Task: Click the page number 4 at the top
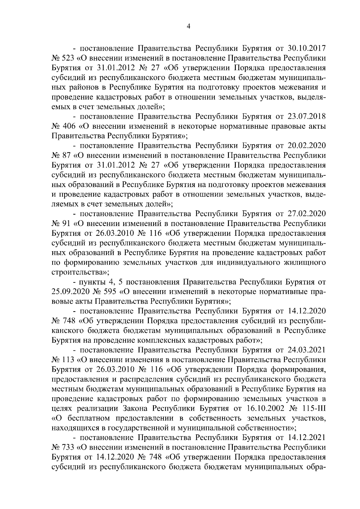pyautogui.click(x=188, y=26)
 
